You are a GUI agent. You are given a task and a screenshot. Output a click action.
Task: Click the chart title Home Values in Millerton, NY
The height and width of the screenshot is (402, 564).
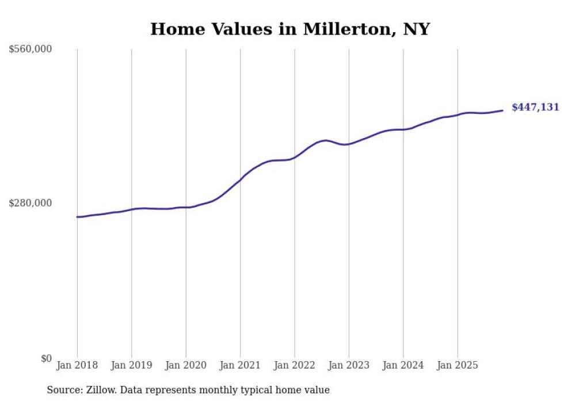coord(289,29)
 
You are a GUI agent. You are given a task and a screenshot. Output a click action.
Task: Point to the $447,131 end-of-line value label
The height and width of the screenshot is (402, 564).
coord(535,107)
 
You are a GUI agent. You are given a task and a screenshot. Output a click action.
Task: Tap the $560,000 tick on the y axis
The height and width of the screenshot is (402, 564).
coord(31,49)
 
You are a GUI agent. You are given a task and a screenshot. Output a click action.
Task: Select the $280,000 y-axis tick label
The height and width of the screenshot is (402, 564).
coord(31,203)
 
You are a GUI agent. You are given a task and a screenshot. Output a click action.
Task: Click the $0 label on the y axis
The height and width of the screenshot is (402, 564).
coord(46,358)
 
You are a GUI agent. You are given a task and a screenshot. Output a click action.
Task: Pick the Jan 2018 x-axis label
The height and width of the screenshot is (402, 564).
coord(77,365)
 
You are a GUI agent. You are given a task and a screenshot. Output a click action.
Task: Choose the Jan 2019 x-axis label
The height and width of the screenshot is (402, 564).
coord(132,365)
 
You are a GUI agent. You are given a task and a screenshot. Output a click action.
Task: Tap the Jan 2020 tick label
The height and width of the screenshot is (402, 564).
coord(186,365)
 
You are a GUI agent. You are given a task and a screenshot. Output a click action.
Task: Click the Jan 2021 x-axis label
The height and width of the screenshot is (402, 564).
coord(240,365)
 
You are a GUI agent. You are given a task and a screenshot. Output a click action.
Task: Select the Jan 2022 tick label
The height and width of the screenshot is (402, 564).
coord(295,365)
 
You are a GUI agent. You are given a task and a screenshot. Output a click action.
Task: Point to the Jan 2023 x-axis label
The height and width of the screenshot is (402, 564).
coord(349,365)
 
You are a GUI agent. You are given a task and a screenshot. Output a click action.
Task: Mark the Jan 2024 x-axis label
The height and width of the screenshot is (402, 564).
coord(403,365)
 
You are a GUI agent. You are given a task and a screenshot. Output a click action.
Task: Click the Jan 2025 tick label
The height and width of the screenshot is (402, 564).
coord(458,365)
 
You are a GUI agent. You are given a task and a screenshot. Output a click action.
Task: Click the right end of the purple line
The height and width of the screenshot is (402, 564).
coord(502,110)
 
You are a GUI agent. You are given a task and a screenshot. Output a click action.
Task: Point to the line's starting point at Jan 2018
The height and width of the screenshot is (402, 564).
coord(77,217)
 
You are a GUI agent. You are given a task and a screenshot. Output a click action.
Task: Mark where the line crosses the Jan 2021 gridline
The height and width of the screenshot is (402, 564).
coord(240,179)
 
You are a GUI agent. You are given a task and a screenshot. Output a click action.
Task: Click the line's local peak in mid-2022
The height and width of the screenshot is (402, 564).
coord(326,140)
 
